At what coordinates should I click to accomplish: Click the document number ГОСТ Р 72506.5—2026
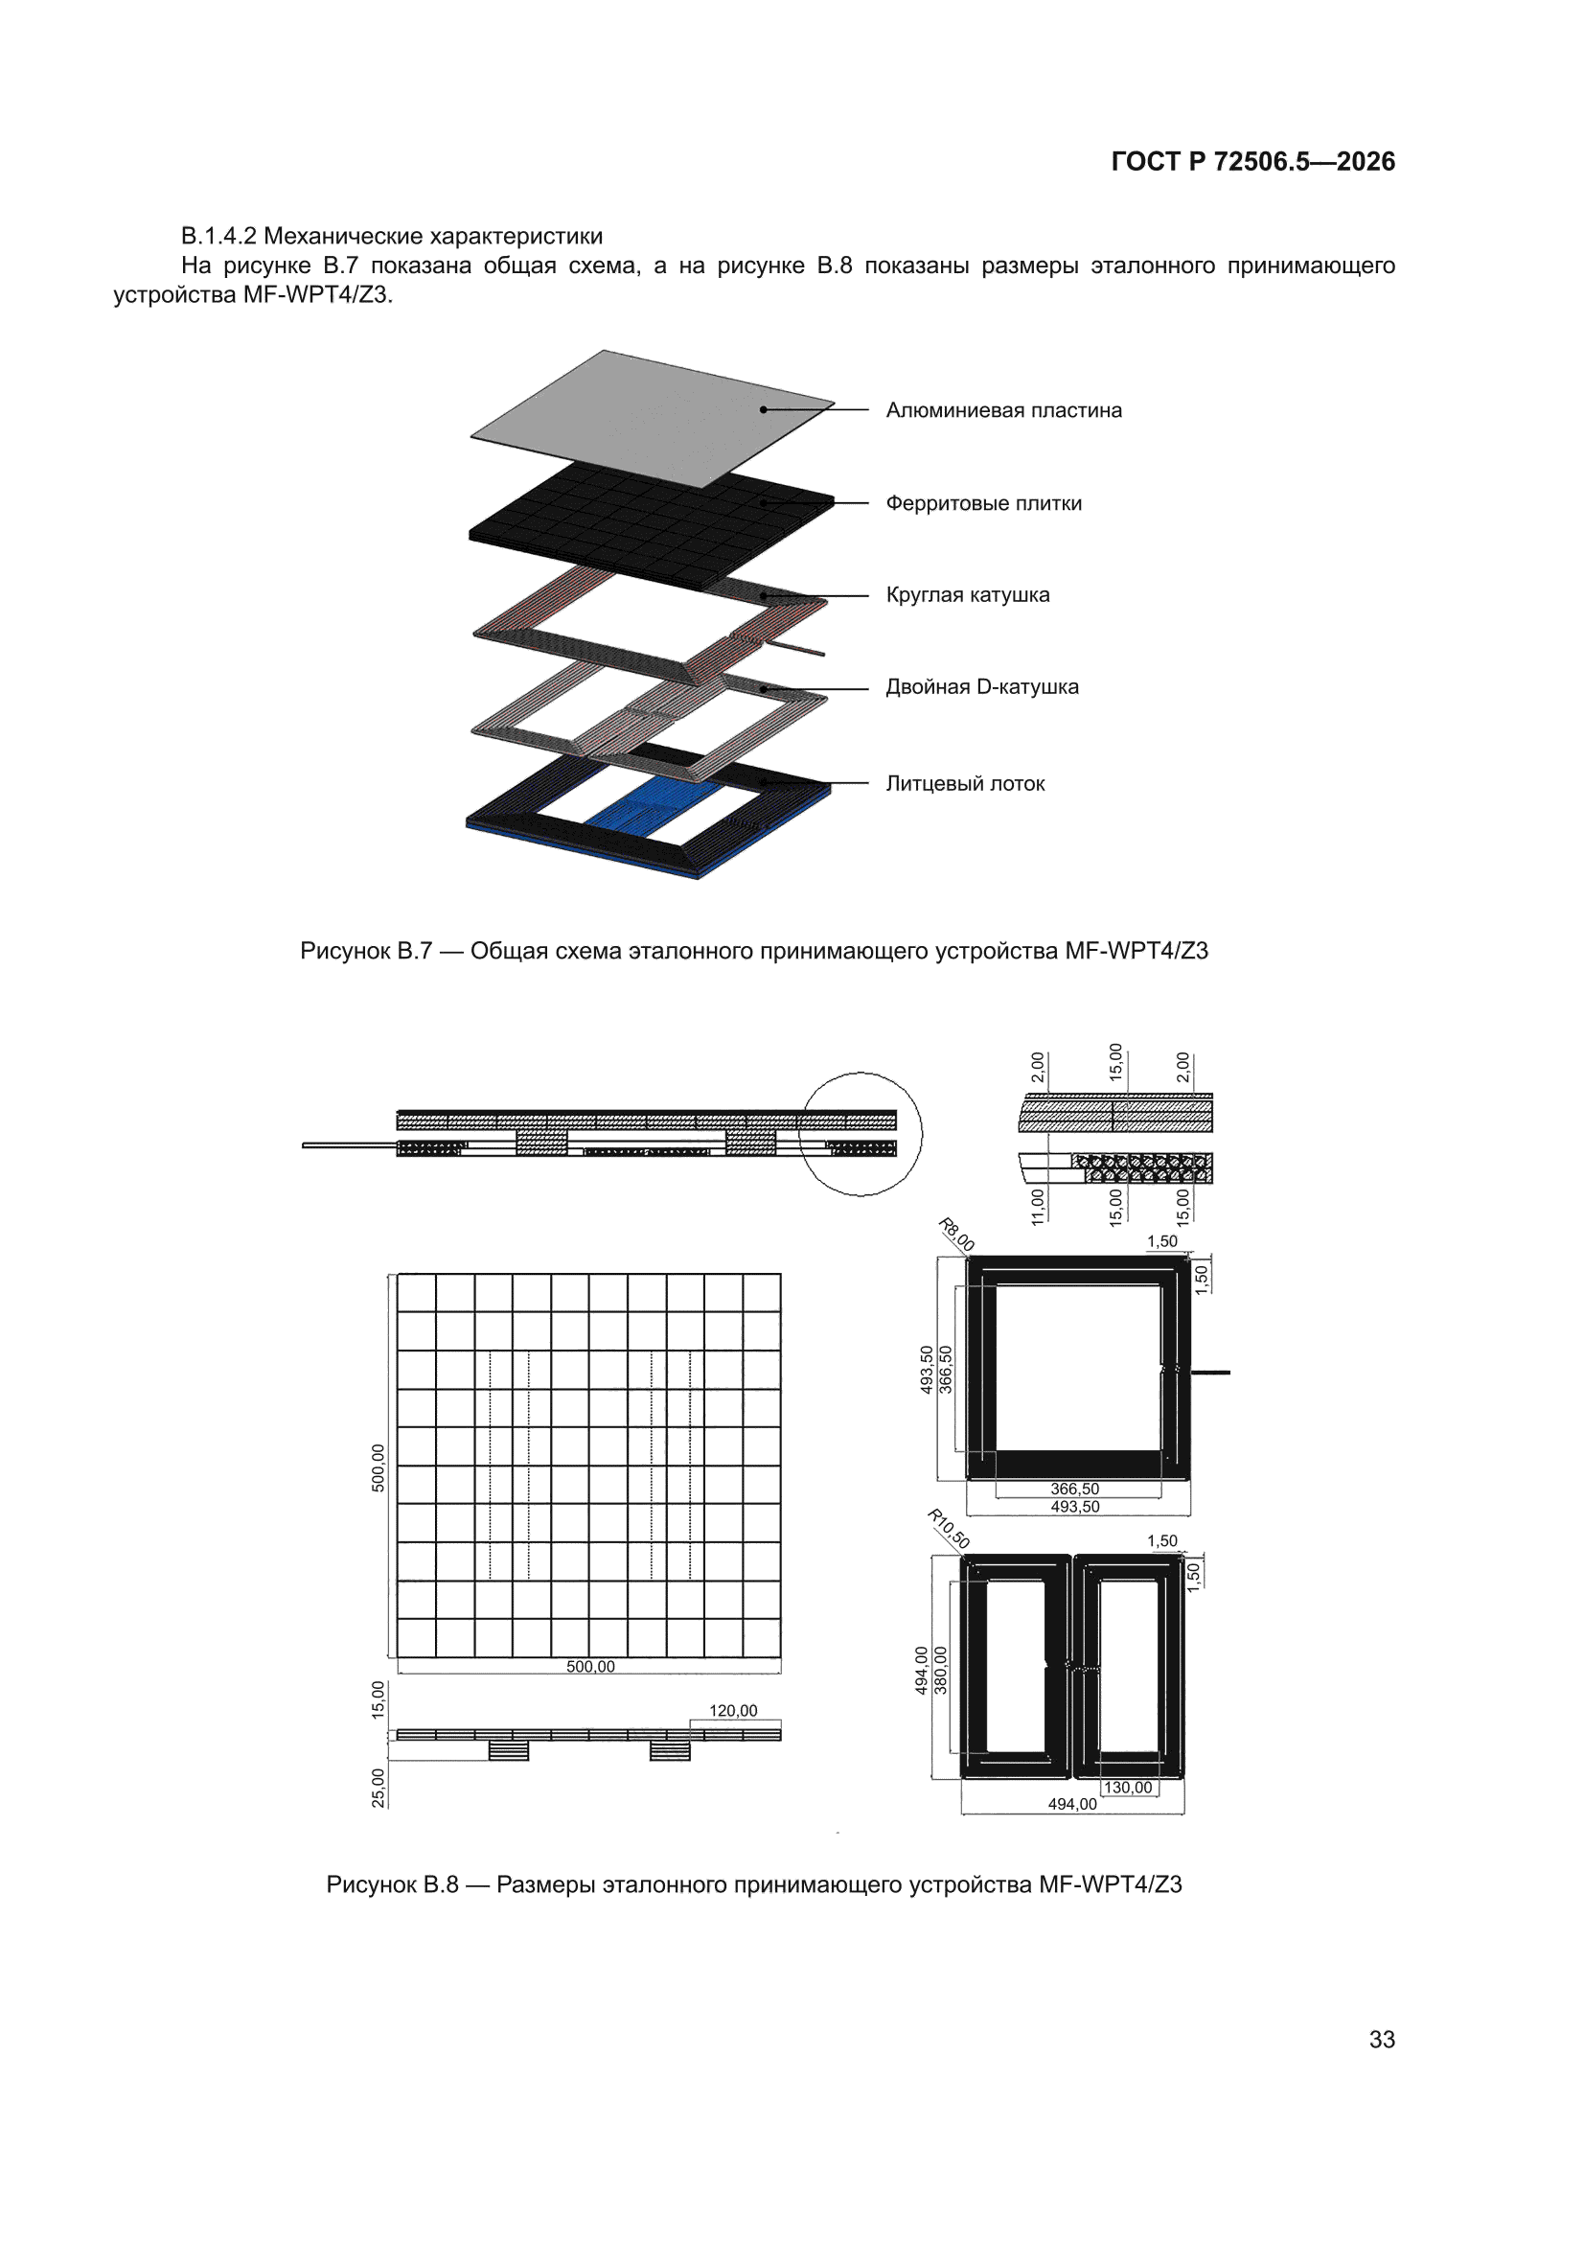point(1252,161)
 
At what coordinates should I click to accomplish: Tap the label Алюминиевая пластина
point(1003,410)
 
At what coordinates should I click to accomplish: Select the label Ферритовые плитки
point(984,503)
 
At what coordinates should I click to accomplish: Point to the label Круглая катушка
point(967,594)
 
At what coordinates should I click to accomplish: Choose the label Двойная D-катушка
point(982,686)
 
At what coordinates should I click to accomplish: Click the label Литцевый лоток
point(965,783)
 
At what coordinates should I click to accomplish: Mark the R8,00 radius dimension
point(956,1235)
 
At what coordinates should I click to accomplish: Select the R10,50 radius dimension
point(948,1529)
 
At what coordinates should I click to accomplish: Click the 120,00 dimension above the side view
point(733,1710)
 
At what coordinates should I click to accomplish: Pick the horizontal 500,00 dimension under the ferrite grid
point(590,1666)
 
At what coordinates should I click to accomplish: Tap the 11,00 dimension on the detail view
point(1038,1206)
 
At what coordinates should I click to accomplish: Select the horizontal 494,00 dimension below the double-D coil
point(1072,1804)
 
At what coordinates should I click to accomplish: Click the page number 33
point(1382,2039)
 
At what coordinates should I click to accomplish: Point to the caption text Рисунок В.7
point(366,951)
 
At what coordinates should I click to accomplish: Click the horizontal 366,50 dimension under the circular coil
point(1074,1489)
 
